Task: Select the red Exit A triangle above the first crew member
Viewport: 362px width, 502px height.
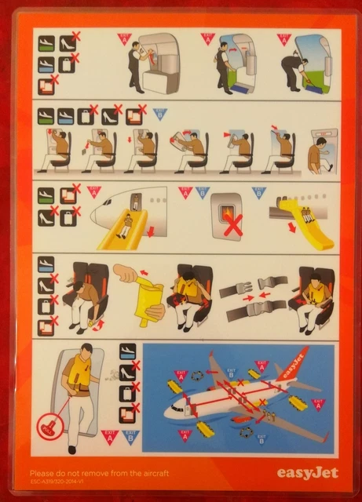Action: click(x=123, y=37)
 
